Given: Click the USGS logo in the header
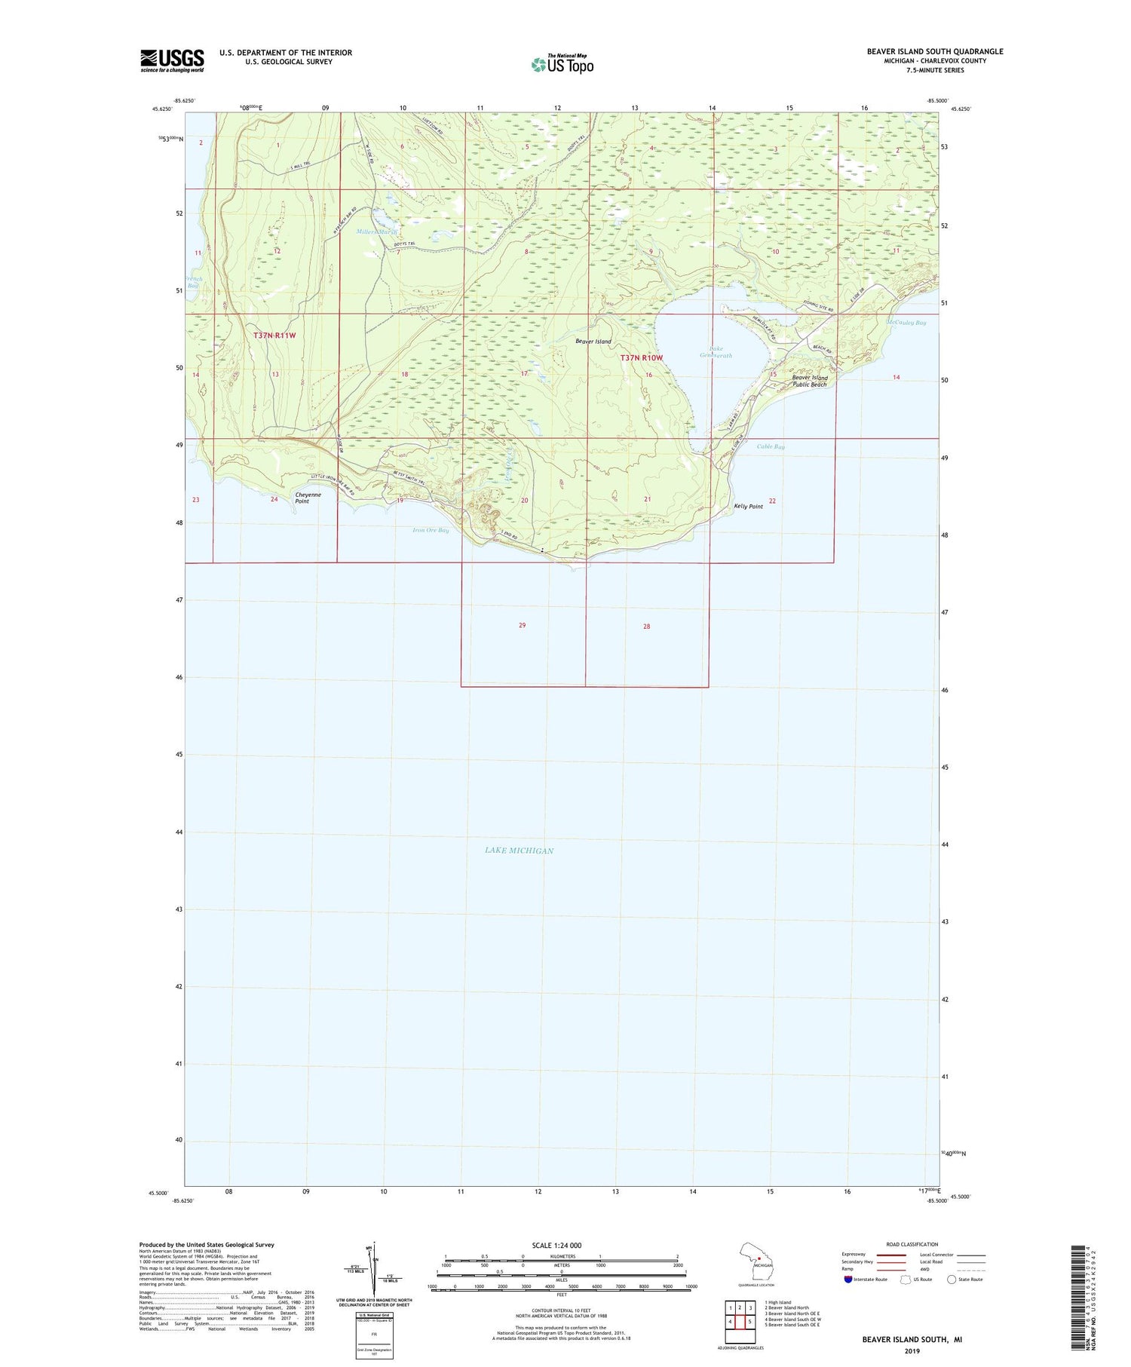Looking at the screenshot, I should (x=172, y=60).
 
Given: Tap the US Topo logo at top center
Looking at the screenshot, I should (x=562, y=64).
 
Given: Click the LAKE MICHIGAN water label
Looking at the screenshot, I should (x=519, y=851).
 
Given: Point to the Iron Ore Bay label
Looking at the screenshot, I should (x=431, y=530).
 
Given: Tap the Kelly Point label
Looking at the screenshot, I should (x=748, y=507).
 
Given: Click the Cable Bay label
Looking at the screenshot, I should (x=771, y=447).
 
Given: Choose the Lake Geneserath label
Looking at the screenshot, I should (x=716, y=352).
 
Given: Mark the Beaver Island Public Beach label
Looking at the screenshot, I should (x=809, y=381).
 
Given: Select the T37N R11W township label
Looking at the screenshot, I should (x=274, y=336).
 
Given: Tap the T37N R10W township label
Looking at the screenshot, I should (x=642, y=357).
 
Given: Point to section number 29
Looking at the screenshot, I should (x=522, y=625).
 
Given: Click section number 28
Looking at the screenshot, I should (x=646, y=627).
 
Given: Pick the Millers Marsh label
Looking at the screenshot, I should (x=377, y=232).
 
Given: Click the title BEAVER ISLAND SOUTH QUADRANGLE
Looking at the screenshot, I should (x=934, y=51).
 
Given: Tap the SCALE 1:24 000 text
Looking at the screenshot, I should (x=556, y=1246).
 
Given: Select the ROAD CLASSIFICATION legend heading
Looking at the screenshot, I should (x=912, y=1244).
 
